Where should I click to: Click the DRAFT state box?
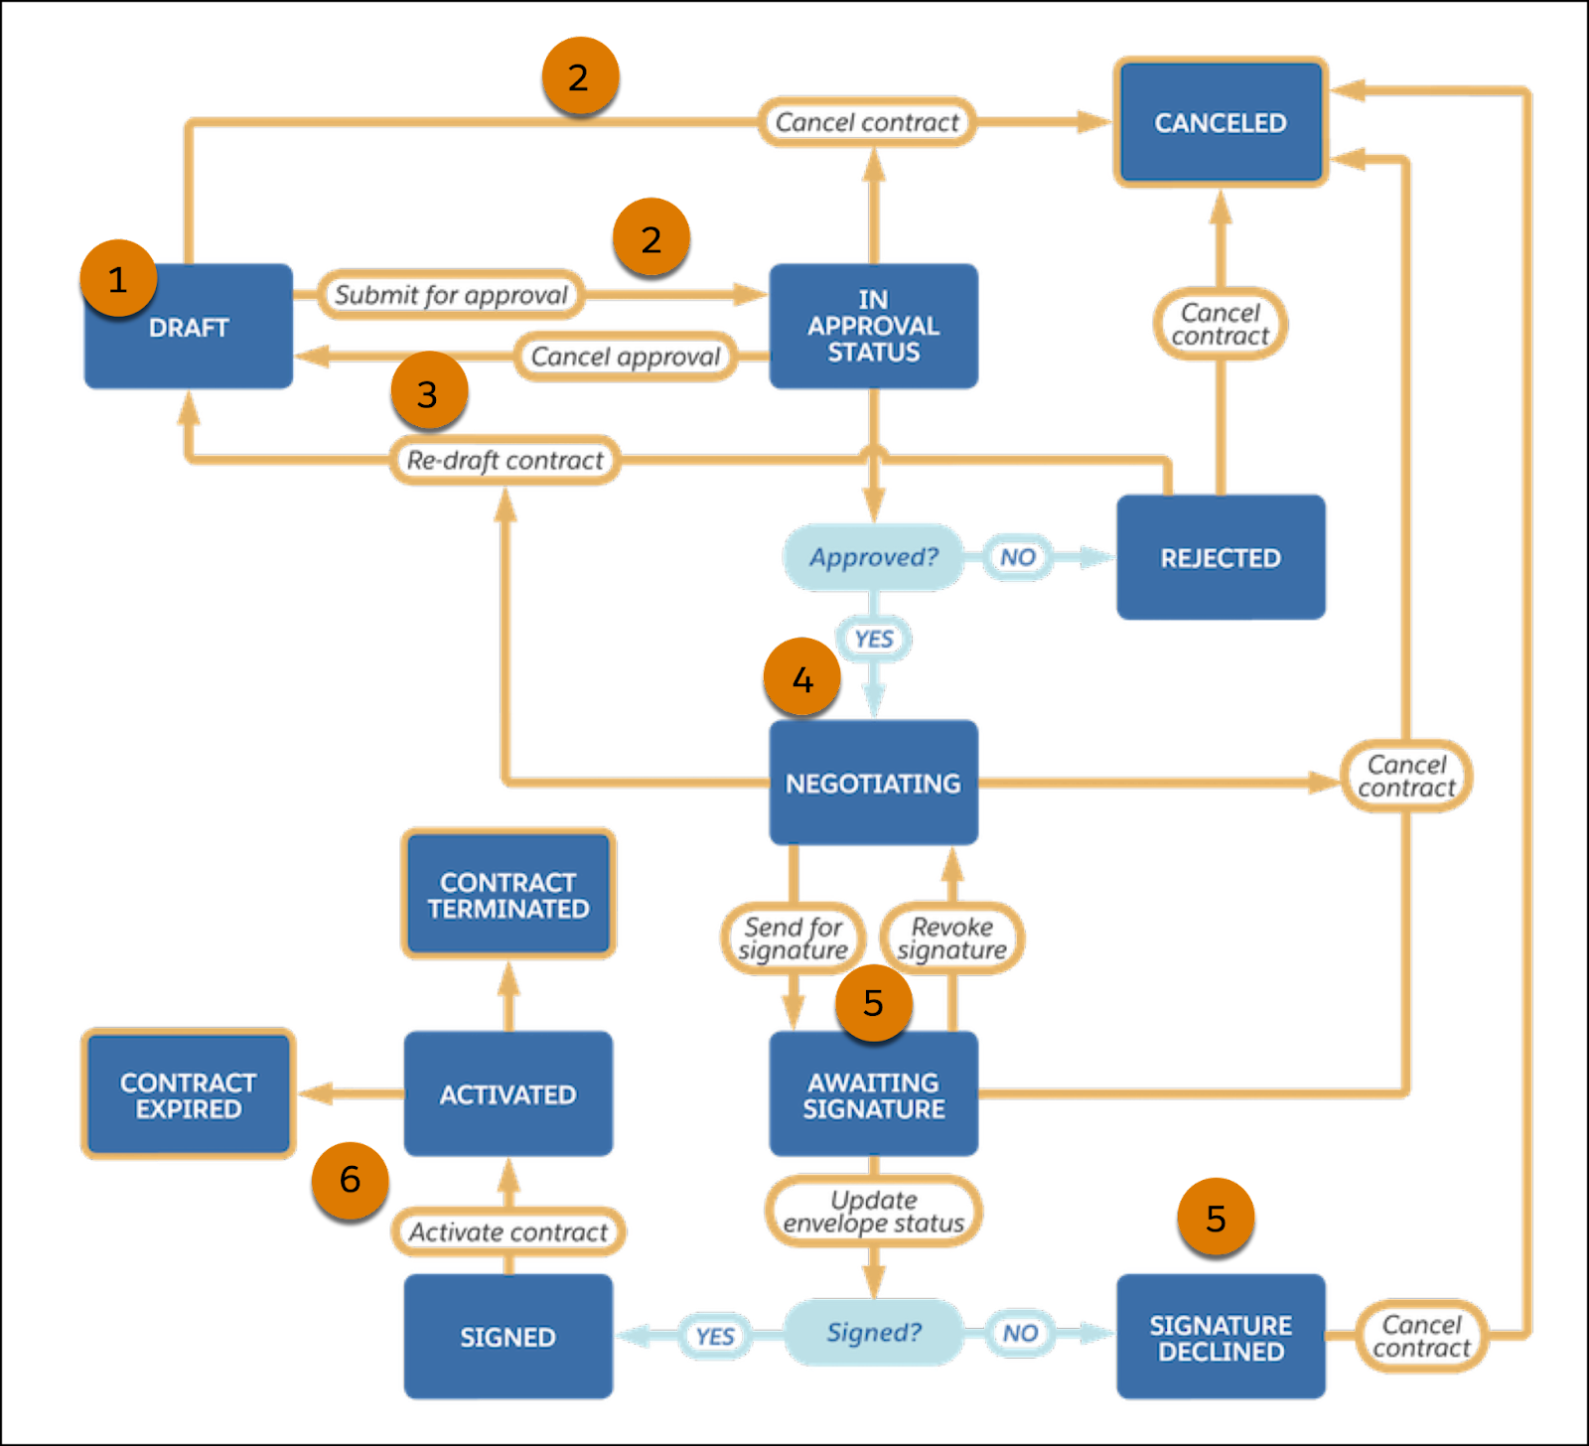tap(188, 327)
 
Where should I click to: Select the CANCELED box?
tap(1221, 122)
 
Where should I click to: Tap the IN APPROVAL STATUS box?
tap(873, 326)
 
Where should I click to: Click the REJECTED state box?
tap(1221, 557)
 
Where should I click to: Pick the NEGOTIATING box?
tap(873, 783)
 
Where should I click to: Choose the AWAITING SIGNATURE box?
tap(873, 1094)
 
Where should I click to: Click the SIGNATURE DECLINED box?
tap(1221, 1337)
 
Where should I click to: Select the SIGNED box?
tap(507, 1337)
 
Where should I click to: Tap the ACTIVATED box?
tap(507, 1093)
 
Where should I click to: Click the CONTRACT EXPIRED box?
tap(188, 1094)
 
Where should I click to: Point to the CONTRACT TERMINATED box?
tap(508, 894)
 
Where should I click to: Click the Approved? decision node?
tap(873, 557)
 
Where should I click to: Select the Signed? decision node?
tap(873, 1332)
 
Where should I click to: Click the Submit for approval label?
tap(451, 294)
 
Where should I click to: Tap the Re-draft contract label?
tap(505, 460)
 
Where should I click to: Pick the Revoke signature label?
tap(952, 939)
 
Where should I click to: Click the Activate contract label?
tap(507, 1231)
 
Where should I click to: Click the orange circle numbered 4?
tap(801, 678)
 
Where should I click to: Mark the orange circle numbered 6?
tap(350, 1179)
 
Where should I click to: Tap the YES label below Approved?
tap(873, 639)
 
